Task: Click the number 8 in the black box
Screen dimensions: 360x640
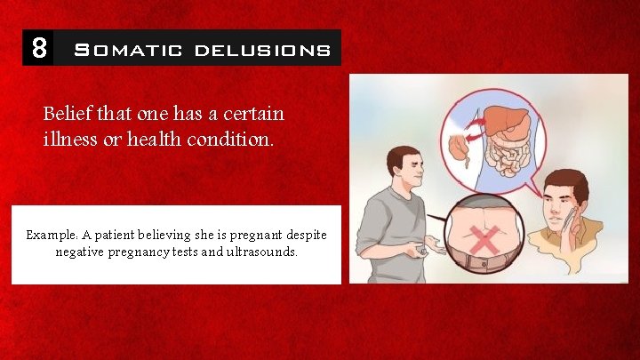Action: click(x=38, y=47)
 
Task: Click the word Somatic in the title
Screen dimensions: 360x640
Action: click(x=128, y=50)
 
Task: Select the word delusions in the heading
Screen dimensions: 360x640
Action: click(x=262, y=50)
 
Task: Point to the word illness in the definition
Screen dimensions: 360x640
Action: click(x=70, y=140)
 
